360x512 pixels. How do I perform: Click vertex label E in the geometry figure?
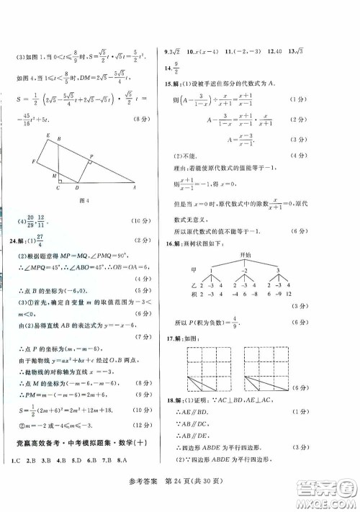tap(48, 135)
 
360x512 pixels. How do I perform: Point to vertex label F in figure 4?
tap(34, 163)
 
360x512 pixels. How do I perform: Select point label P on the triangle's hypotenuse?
tap(91, 156)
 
